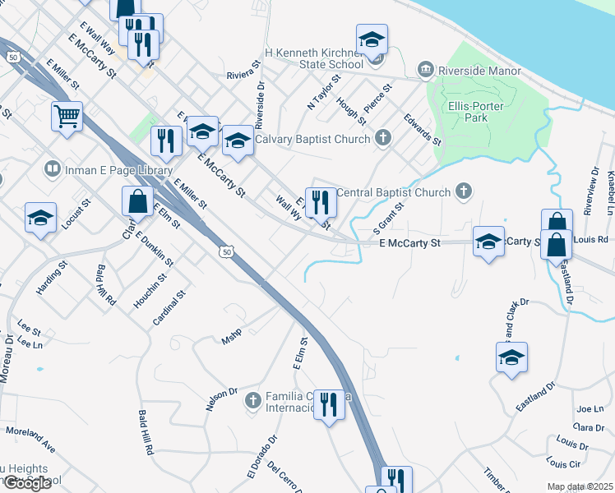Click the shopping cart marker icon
[x=67, y=115]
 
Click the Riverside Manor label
[x=479, y=71]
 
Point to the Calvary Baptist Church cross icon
[x=382, y=138]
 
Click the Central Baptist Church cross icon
[x=464, y=192]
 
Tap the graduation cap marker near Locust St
[x=40, y=219]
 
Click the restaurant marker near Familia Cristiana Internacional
[x=329, y=404]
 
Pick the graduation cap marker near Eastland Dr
[x=511, y=357]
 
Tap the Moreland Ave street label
[x=31, y=440]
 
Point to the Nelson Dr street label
[x=221, y=400]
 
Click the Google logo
[x=26, y=483]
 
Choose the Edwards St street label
[x=423, y=130]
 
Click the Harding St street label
[x=51, y=279]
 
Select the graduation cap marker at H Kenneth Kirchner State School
[x=372, y=39]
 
